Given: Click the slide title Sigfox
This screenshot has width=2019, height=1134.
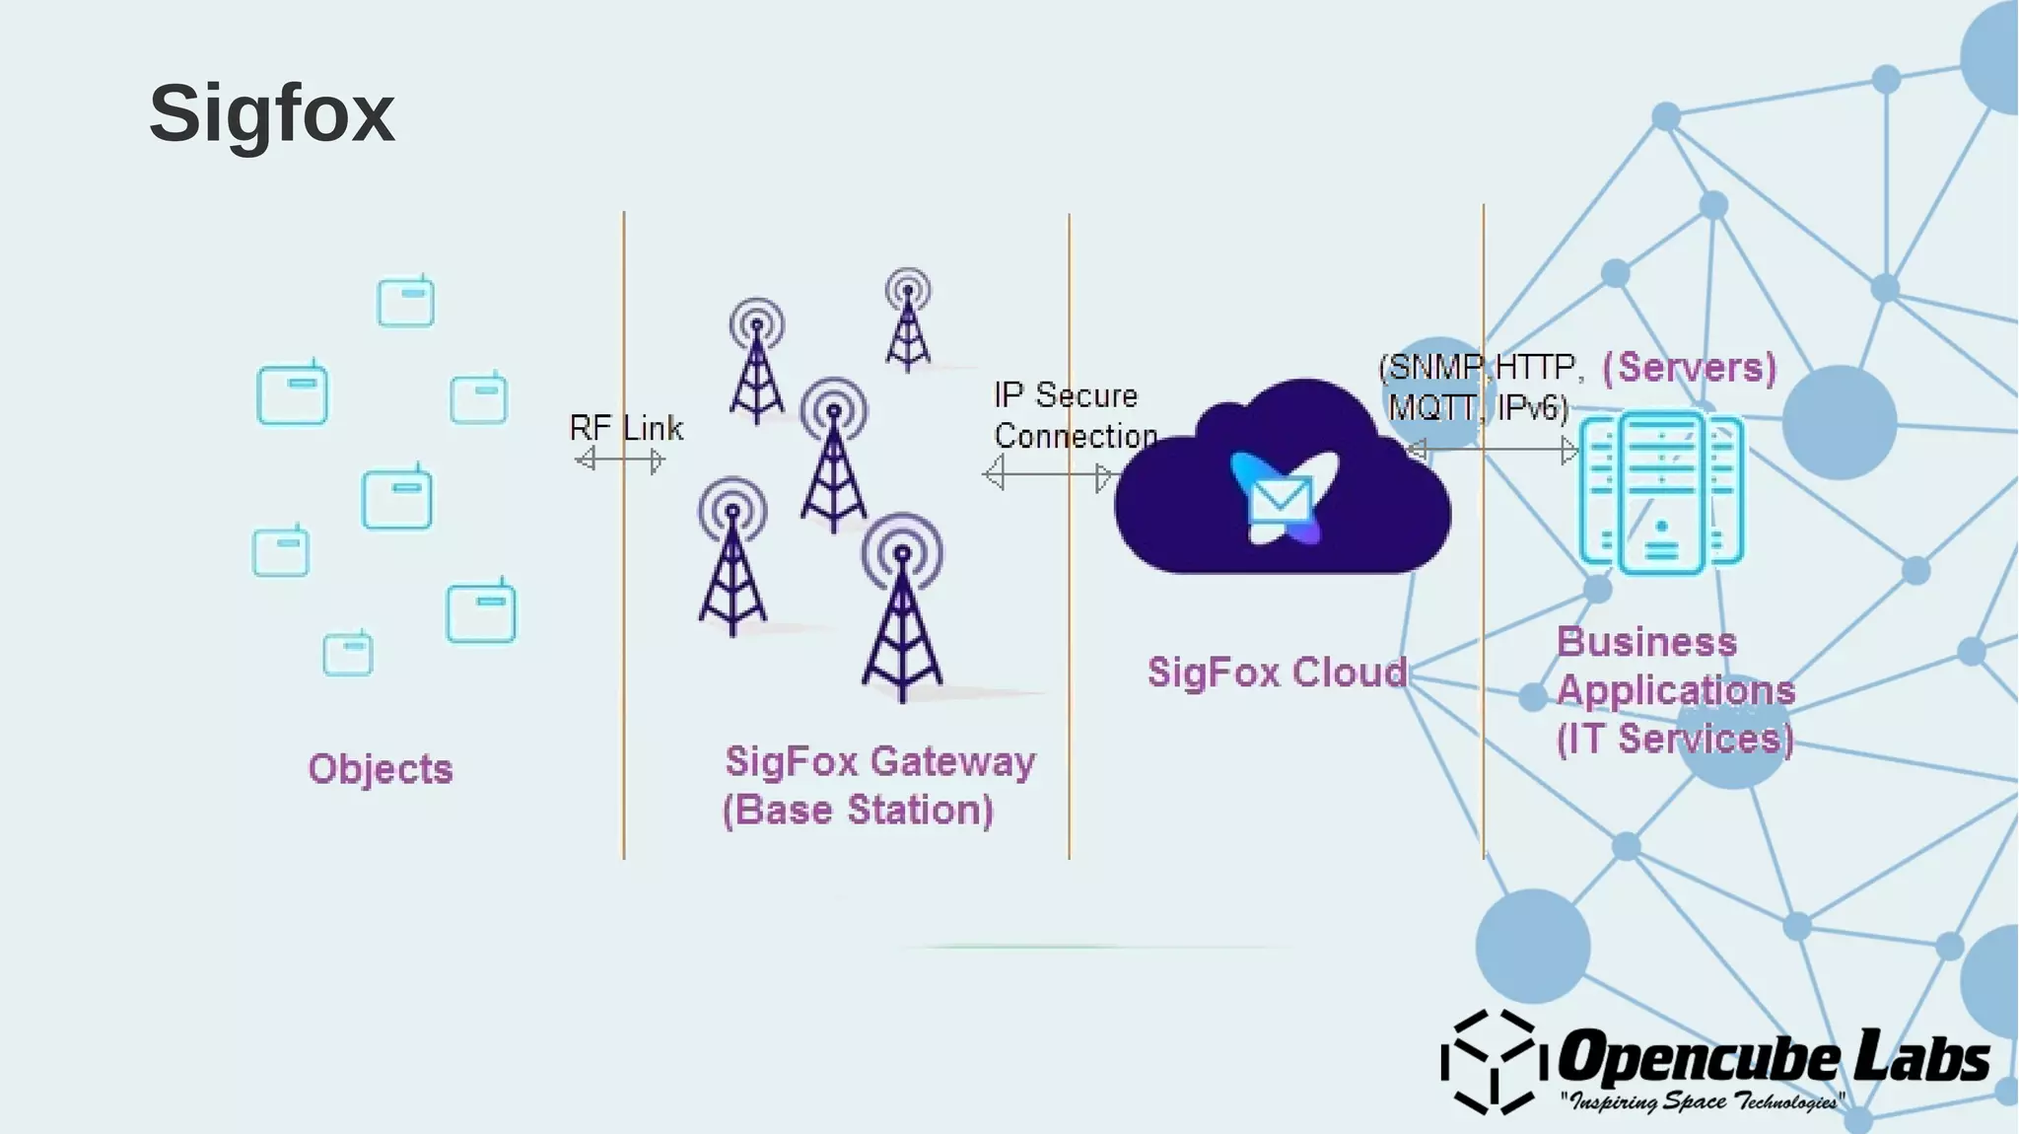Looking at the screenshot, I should (271, 113).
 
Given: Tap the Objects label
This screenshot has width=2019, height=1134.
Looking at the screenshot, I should (380, 769).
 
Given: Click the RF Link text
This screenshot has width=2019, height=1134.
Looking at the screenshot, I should (626, 428).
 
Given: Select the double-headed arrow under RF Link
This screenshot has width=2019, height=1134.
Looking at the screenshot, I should (621, 460).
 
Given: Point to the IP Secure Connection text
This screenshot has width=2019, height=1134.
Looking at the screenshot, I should (1073, 415).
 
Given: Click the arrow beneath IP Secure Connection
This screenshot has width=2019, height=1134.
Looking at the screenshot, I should (1048, 474).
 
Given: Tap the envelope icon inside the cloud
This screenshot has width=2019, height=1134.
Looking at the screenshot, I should (1280, 499).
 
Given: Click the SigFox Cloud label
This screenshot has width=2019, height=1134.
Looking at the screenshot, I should (1277, 673).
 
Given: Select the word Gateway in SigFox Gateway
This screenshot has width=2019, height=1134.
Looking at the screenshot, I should (952, 762).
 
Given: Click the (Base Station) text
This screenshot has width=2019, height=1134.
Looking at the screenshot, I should (858, 811).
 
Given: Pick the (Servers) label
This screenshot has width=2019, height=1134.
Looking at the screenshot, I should (1689, 368).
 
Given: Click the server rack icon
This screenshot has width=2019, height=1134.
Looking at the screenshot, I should (1661, 493).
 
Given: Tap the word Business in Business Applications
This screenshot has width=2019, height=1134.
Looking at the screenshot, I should (1646, 643).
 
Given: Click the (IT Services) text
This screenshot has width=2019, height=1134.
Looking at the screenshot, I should (1674, 739).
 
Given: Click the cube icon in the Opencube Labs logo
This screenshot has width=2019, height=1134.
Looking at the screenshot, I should (1489, 1062).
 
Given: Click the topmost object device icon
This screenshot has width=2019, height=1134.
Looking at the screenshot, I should (405, 302).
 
